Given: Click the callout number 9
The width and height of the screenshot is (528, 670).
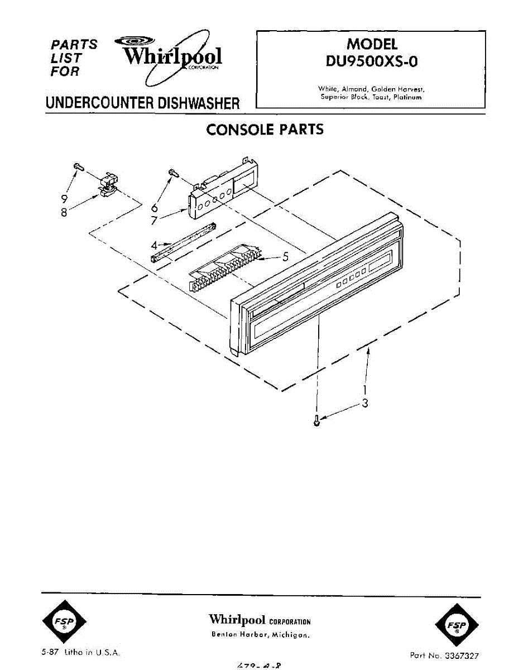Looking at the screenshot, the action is click(65, 198).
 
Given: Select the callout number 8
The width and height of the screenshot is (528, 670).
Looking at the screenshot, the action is click(65, 212).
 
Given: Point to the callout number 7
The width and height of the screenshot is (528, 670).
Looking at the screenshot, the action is click(154, 221).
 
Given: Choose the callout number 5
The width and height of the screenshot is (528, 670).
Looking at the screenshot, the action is click(285, 257).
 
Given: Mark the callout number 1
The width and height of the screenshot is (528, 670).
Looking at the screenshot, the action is click(364, 390).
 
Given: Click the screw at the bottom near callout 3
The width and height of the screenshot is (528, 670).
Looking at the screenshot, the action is click(317, 420).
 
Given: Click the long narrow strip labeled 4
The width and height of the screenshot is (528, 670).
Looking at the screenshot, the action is click(184, 241).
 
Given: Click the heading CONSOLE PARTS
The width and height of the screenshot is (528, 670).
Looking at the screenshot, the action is click(265, 130).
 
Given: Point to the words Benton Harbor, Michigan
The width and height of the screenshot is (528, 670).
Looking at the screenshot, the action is click(260, 635).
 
